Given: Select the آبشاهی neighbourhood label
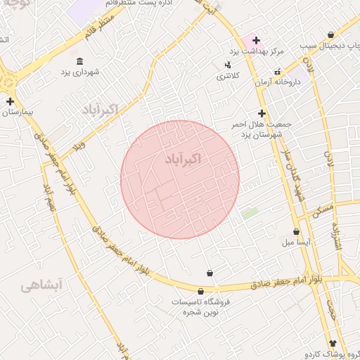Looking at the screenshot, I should tap(41, 284).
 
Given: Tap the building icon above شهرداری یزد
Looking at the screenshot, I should tap(79, 61).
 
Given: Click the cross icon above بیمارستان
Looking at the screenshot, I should tap(10, 101).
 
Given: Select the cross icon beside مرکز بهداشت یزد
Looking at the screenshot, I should tap(257, 40).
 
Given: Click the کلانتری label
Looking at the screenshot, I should tap(226, 75).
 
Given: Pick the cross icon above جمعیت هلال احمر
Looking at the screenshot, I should tap(262, 112).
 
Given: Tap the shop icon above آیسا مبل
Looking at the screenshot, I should tap(296, 231).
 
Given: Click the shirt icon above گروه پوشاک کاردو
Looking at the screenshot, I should tap(333, 343).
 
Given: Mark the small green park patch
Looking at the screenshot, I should tap(249, 212).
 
